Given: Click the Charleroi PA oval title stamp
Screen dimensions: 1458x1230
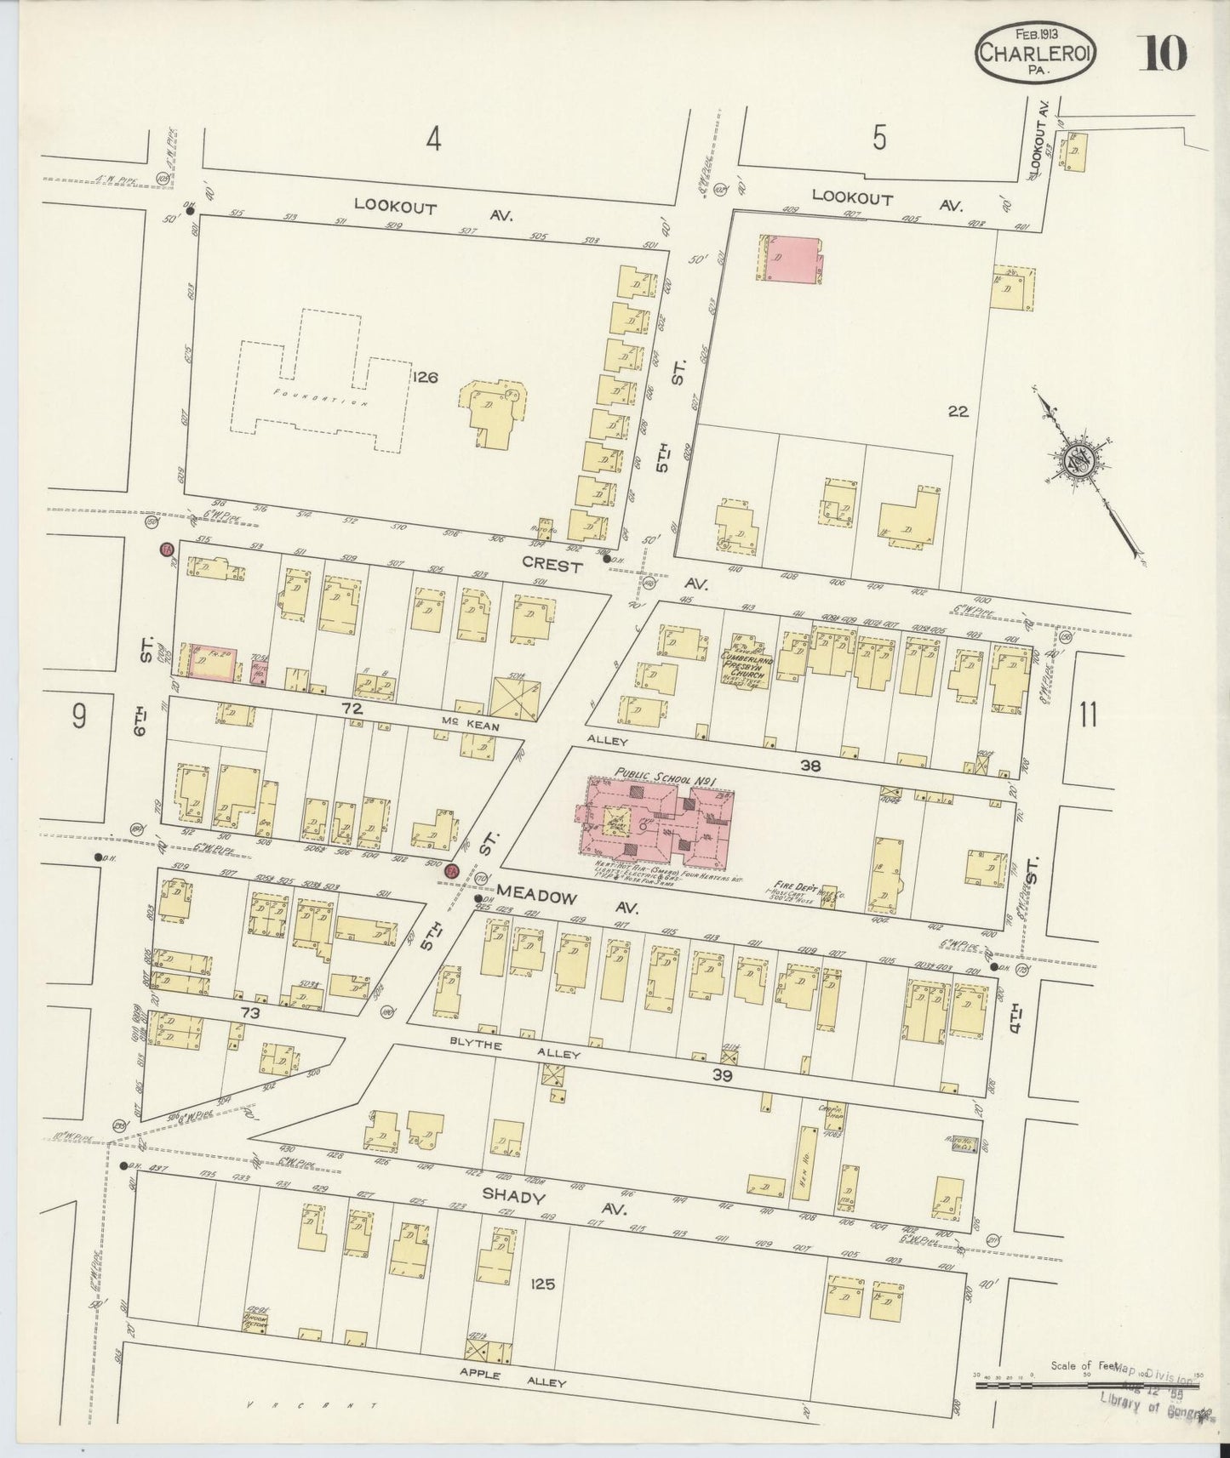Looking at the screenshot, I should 1035,54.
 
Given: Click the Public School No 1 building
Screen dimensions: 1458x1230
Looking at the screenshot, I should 655,820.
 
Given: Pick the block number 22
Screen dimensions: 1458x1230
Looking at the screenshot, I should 958,411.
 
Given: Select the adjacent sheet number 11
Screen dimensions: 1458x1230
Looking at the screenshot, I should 1088,716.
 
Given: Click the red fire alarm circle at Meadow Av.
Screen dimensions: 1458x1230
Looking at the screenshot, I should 452,870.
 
